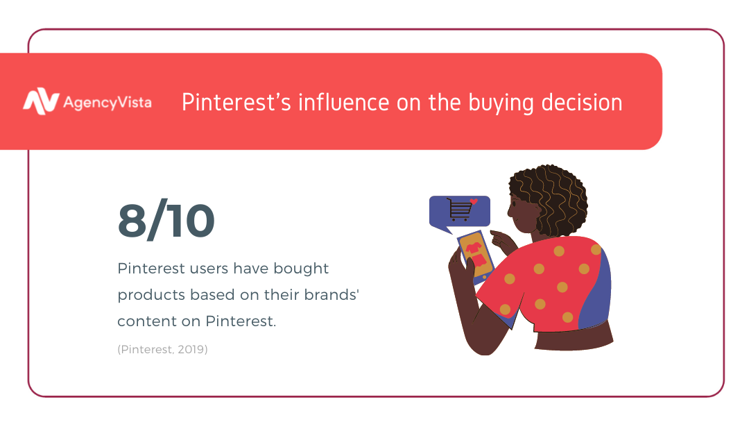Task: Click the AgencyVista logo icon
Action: (41, 101)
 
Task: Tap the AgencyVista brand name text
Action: (107, 103)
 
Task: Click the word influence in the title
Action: (344, 102)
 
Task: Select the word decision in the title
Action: (582, 102)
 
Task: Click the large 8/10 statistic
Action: (166, 220)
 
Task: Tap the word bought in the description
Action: (301, 269)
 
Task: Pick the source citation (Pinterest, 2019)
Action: (162, 349)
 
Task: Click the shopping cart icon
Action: (459, 210)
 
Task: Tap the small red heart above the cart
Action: (474, 201)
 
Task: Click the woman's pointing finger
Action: (497, 235)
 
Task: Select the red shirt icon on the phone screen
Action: (474, 248)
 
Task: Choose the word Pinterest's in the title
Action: (236, 102)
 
